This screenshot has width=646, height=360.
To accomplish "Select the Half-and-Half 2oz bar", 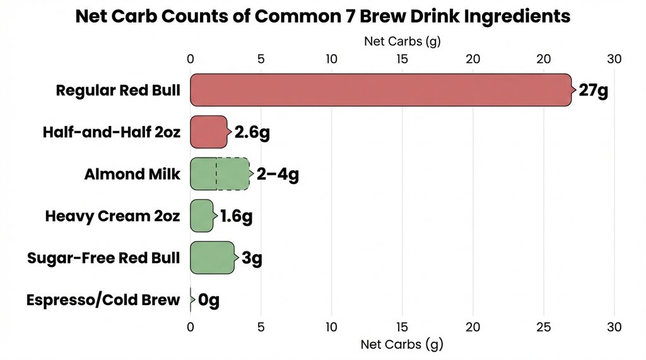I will (x=208, y=132).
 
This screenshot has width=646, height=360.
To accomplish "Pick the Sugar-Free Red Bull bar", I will (x=212, y=257).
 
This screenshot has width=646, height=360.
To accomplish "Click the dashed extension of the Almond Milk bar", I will (x=233, y=174).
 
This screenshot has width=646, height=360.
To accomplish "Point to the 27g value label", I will (x=593, y=90).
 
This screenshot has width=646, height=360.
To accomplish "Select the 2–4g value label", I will (x=277, y=174).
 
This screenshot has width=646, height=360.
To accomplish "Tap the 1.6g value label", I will (x=236, y=216).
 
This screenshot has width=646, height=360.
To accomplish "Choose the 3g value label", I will (x=252, y=258).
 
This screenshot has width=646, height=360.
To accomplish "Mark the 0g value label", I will (x=209, y=300).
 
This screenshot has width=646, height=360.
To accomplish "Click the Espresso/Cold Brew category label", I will (x=103, y=300).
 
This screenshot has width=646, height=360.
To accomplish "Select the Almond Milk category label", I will (x=132, y=174).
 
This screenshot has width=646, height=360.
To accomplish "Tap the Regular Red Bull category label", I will (x=118, y=90).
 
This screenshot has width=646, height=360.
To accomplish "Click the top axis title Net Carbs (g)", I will (x=402, y=42).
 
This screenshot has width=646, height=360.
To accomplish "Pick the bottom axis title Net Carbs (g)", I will (x=402, y=344).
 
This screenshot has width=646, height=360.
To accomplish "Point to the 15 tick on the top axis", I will (x=402, y=59).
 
